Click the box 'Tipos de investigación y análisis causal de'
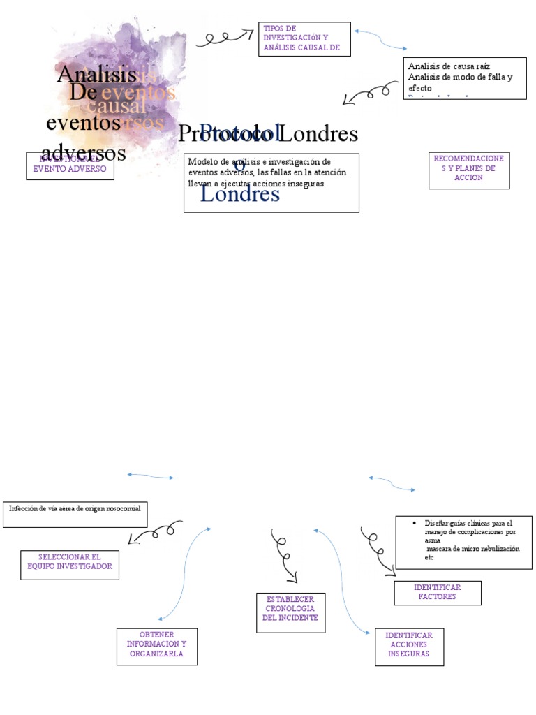tap(304, 38)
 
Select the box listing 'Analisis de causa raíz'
tap(465, 78)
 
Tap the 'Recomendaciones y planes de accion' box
tap(468, 170)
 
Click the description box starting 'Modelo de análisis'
tap(271, 182)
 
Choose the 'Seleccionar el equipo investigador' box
tap(69, 565)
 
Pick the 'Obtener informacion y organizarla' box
tap(156, 647)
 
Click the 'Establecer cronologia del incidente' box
tap(290, 612)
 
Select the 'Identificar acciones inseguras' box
tap(409, 647)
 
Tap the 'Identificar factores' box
tap(437, 593)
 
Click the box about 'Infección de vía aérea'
tap(75, 513)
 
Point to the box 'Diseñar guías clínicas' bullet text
tap(463, 543)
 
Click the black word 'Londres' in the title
tap(322, 133)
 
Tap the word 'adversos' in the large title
tap(84, 152)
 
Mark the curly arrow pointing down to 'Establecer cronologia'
tap(285, 556)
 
